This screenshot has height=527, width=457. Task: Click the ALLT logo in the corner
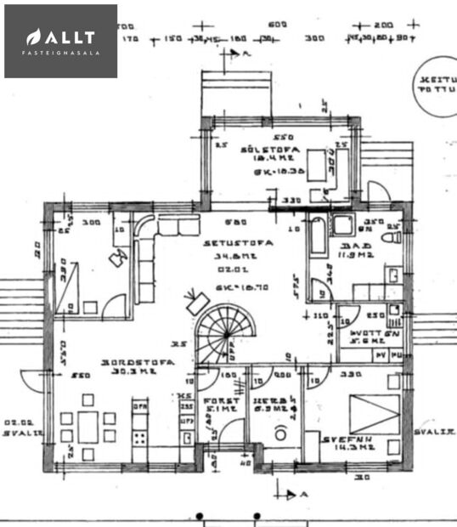tap(60, 41)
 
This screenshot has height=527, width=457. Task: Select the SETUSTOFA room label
tap(238, 242)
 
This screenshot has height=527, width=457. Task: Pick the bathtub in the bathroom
tap(318, 235)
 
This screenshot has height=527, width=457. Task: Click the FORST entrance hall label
tap(217, 398)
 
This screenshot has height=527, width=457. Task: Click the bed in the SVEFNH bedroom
tap(374, 413)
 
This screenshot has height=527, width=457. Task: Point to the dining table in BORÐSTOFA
tap(88, 425)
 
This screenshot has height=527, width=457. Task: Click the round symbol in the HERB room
tap(278, 433)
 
